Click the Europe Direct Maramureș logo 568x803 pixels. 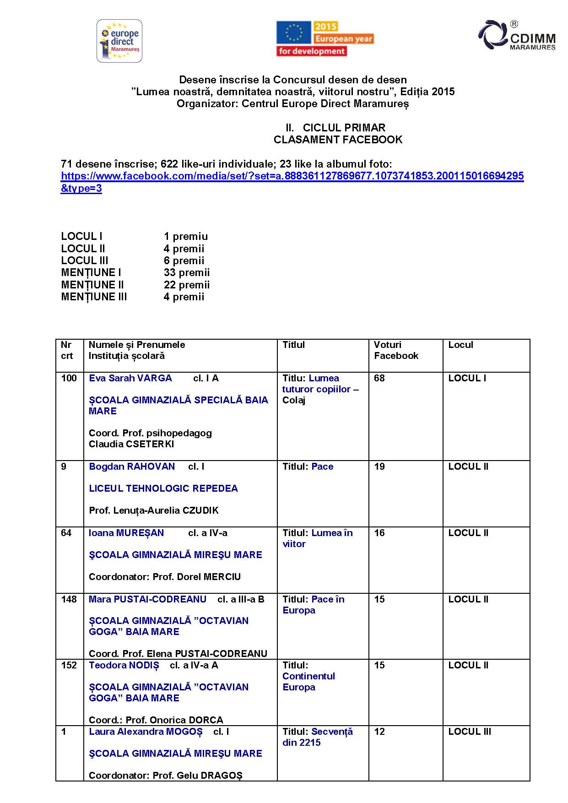(119, 41)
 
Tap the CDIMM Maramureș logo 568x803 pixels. (517, 35)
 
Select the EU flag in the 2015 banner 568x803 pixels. (293, 33)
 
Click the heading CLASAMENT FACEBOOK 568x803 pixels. (338, 140)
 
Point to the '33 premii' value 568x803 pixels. (187, 273)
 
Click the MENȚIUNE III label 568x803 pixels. (94, 297)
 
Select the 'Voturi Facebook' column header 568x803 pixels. (396, 350)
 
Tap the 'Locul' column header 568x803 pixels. (460, 345)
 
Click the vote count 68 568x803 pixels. (379, 378)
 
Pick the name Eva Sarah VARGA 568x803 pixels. (130, 378)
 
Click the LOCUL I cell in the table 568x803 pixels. (467, 378)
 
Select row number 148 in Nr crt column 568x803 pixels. (69, 599)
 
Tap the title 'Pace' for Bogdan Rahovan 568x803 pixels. (322, 467)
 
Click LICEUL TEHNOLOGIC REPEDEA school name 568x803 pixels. (163, 488)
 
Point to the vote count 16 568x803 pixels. (379, 533)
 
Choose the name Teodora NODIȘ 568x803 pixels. (124, 665)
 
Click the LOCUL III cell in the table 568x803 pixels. (470, 732)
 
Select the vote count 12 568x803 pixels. (379, 732)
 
